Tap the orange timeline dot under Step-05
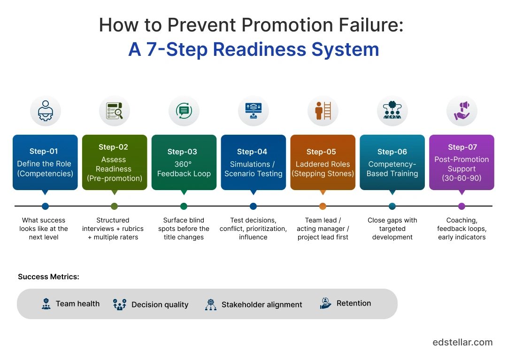click(323, 206)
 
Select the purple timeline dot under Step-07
click(461, 206)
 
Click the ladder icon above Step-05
click(323, 111)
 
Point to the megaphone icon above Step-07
click(462, 111)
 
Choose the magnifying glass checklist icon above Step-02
click(114, 111)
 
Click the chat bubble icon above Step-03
click(184, 111)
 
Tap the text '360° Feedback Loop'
click(184, 169)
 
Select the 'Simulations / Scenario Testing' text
click(253, 169)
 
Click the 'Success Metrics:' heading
click(48, 277)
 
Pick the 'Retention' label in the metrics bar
click(353, 303)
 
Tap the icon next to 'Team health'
click(46, 304)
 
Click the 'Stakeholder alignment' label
click(261, 305)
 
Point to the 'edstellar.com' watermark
click(462, 342)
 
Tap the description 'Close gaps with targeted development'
click(392, 229)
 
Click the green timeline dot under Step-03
click(184, 206)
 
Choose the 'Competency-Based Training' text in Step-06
click(392, 169)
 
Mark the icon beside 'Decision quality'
click(120, 304)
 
